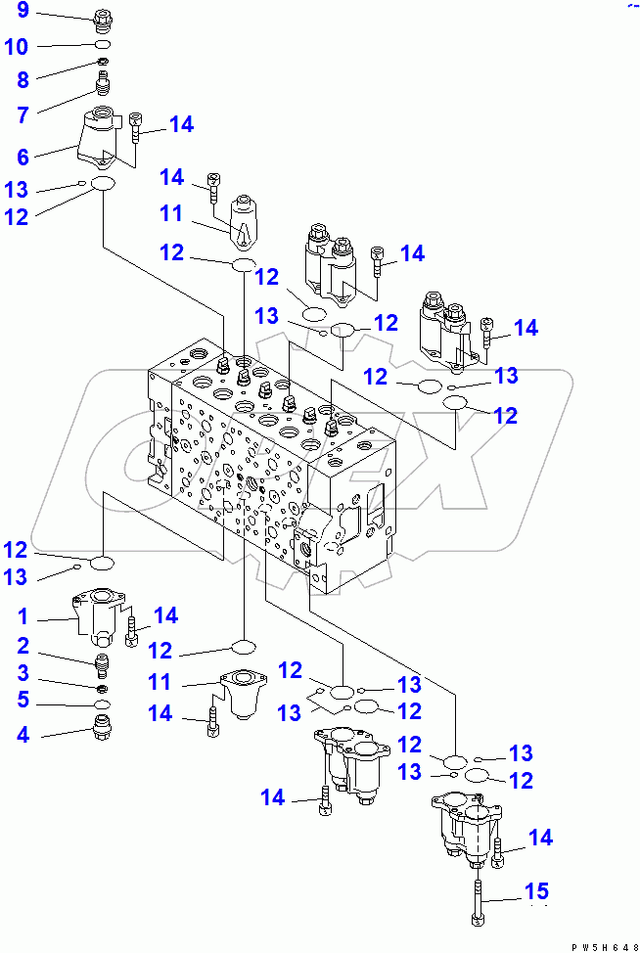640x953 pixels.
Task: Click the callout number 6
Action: (23, 156)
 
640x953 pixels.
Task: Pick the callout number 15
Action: (535, 891)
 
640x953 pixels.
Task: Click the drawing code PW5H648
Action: (595, 945)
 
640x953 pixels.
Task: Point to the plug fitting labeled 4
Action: (103, 730)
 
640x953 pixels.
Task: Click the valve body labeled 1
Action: (98, 617)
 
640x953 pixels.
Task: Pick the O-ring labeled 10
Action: (104, 46)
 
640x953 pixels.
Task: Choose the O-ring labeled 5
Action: (103, 704)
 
